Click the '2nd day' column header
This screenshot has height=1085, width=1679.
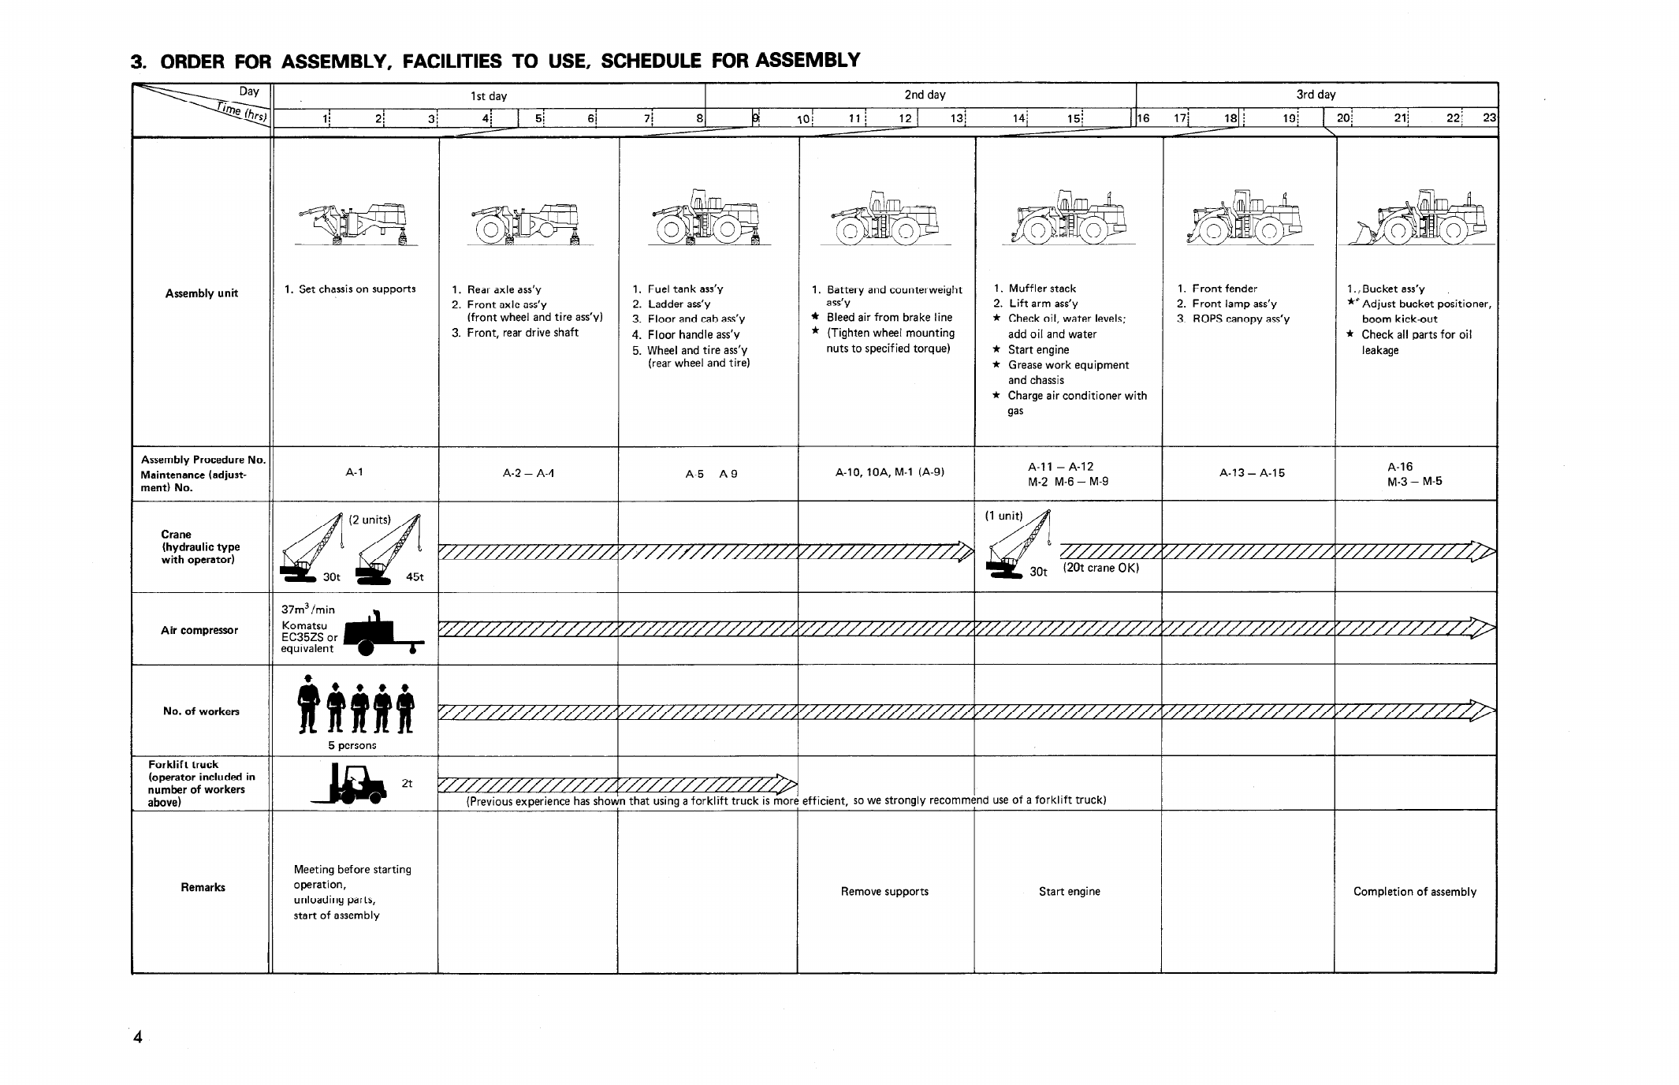click(925, 95)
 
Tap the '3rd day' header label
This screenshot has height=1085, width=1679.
click(1316, 95)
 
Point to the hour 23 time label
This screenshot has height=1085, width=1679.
click(1489, 118)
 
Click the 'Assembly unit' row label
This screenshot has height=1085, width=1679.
click(201, 293)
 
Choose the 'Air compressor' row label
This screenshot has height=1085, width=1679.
click(199, 630)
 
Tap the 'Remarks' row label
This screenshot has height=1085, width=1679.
click(203, 887)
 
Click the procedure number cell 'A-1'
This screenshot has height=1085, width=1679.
click(355, 472)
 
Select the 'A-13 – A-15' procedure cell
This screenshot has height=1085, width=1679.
click(1252, 473)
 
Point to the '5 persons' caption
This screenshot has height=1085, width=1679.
click(352, 745)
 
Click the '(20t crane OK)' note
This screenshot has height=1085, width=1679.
click(1100, 568)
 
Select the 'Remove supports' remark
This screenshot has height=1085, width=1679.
click(884, 892)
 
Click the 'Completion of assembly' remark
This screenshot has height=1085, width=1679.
click(1414, 892)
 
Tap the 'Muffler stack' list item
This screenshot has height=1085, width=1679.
click(1041, 289)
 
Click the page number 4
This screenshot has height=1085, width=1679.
click(138, 1038)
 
